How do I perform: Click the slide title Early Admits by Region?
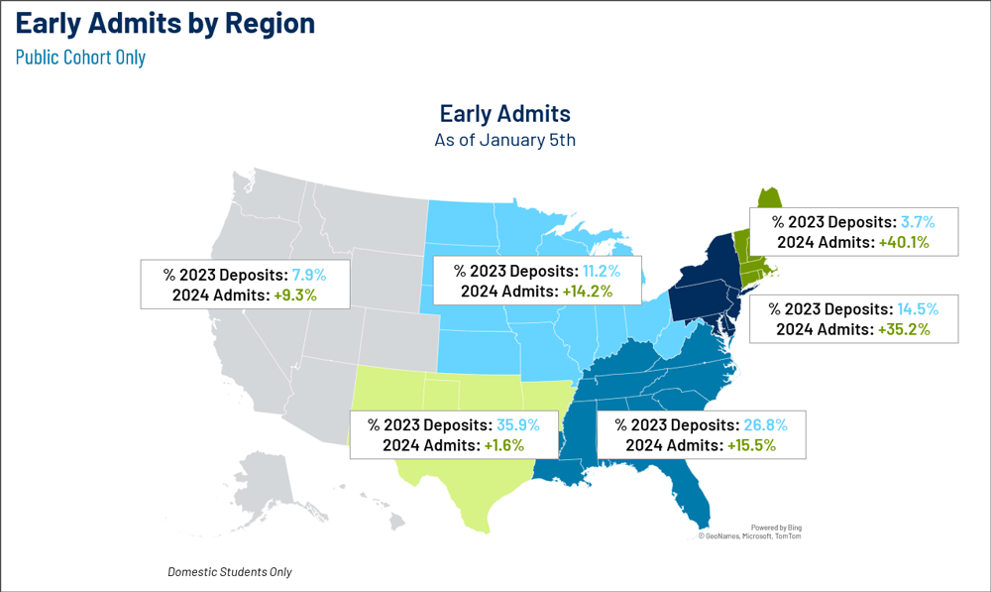pyautogui.click(x=165, y=24)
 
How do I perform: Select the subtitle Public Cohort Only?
pyautogui.click(x=80, y=57)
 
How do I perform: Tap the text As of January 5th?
pyautogui.click(x=505, y=139)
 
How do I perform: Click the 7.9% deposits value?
pyautogui.click(x=309, y=275)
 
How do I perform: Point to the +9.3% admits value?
pyautogui.click(x=295, y=296)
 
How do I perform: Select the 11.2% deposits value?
pyautogui.click(x=602, y=272)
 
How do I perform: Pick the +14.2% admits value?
pyautogui.click(x=588, y=292)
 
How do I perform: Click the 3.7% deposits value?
pyautogui.click(x=918, y=222)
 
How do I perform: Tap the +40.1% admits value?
pyautogui.click(x=904, y=242)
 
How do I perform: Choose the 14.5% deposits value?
pyautogui.click(x=918, y=309)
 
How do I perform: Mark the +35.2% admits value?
pyautogui.click(x=904, y=329)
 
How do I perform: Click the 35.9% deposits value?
pyautogui.click(x=518, y=425)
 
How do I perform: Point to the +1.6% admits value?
pyautogui.click(x=503, y=445)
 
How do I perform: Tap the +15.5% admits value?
pyautogui.click(x=751, y=445)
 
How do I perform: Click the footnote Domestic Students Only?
pyautogui.click(x=230, y=572)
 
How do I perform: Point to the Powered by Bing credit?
pyautogui.click(x=776, y=528)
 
